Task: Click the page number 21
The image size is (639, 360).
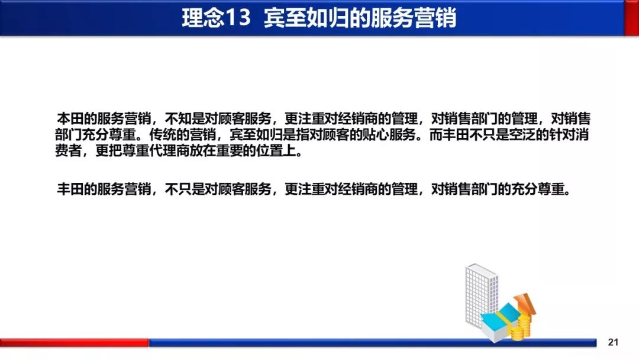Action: [x=613, y=342]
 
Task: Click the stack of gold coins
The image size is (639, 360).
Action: [x=521, y=329]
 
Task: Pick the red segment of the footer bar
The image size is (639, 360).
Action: [x=74, y=342]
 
